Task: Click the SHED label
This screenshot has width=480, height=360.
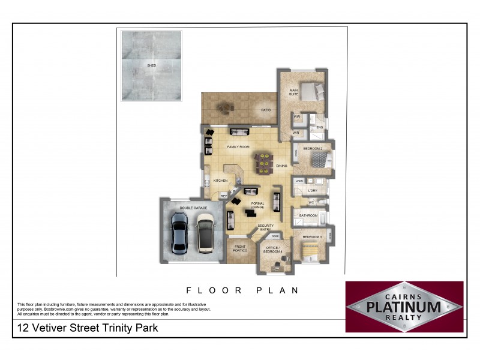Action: click(151, 64)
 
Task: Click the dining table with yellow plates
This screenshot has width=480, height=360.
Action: click(264, 163)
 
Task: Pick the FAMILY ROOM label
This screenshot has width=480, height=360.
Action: click(238, 146)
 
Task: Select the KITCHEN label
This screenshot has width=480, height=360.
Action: click(220, 181)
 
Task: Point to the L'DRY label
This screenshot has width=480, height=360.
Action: click(312, 191)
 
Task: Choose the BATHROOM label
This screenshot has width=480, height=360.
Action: click(308, 215)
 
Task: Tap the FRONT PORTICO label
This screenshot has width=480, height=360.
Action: click(240, 248)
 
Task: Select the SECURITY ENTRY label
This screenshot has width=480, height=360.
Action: click(266, 227)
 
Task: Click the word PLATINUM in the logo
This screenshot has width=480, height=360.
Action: click(404, 307)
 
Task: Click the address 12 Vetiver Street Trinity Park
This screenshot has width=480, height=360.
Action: click(88, 328)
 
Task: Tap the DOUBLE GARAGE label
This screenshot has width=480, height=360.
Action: click(193, 208)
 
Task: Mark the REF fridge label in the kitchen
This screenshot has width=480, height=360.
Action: click(224, 196)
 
